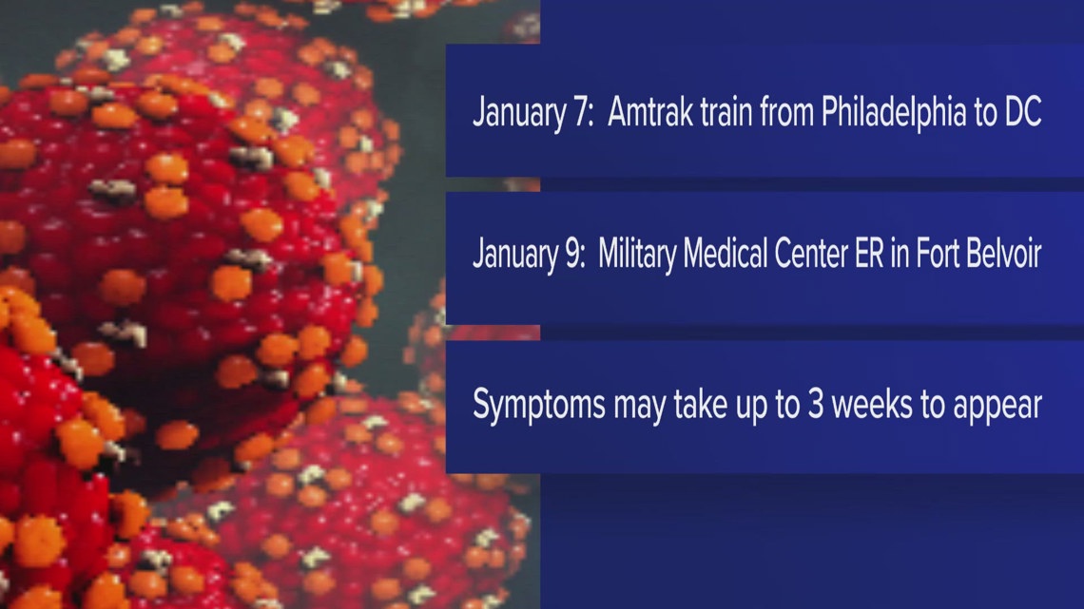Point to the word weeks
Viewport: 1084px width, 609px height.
click(x=891, y=406)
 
